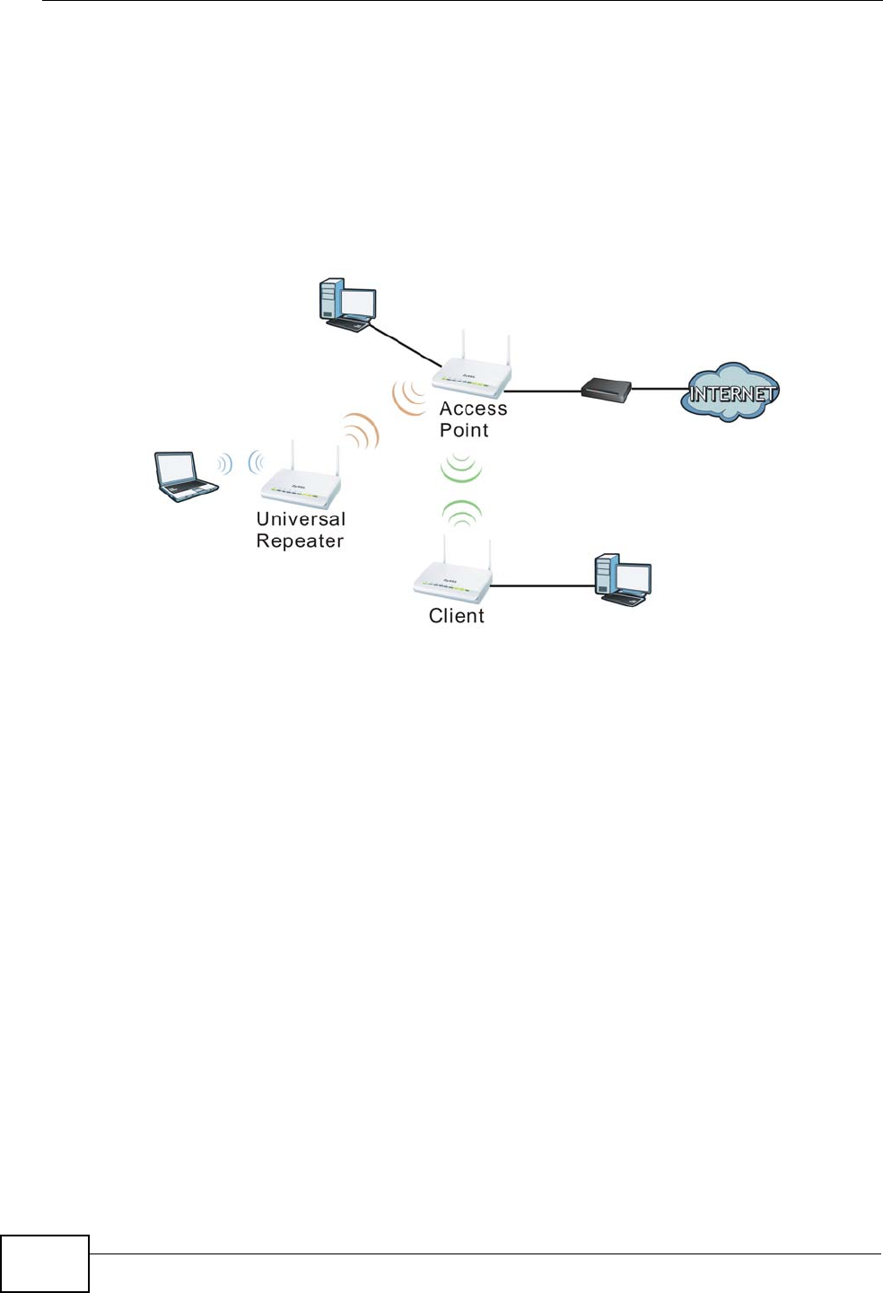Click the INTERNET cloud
pyautogui.click(x=730, y=392)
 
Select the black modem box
pyautogui.click(x=606, y=389)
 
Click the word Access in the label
pyautogui.click(x=473, y=409)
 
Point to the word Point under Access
pyautogui.click(x=464, y=430)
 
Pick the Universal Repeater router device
pyautogui.click(x=302, y=486)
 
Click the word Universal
pyautogui.click(x=301, y=519)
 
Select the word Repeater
pyautogui.click(x=300, y=541)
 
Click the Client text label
pyautogui.click(x=456, y=616)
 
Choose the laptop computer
pyautogui.click(x=184, y=476)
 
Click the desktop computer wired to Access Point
pyautogui.click(x=347, y=305)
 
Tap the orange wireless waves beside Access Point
pyautogui.click(x=409, y=398)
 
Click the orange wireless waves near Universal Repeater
pyautogui.click(x=362, y=431)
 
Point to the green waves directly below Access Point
pyautogui.click(x=461, y=467)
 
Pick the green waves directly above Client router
pyautogui.click(x=461, y=514)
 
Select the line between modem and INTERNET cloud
pyautogui.click(x=659, y=390)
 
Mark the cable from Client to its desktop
pyautogui.click(x=544, y=585)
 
